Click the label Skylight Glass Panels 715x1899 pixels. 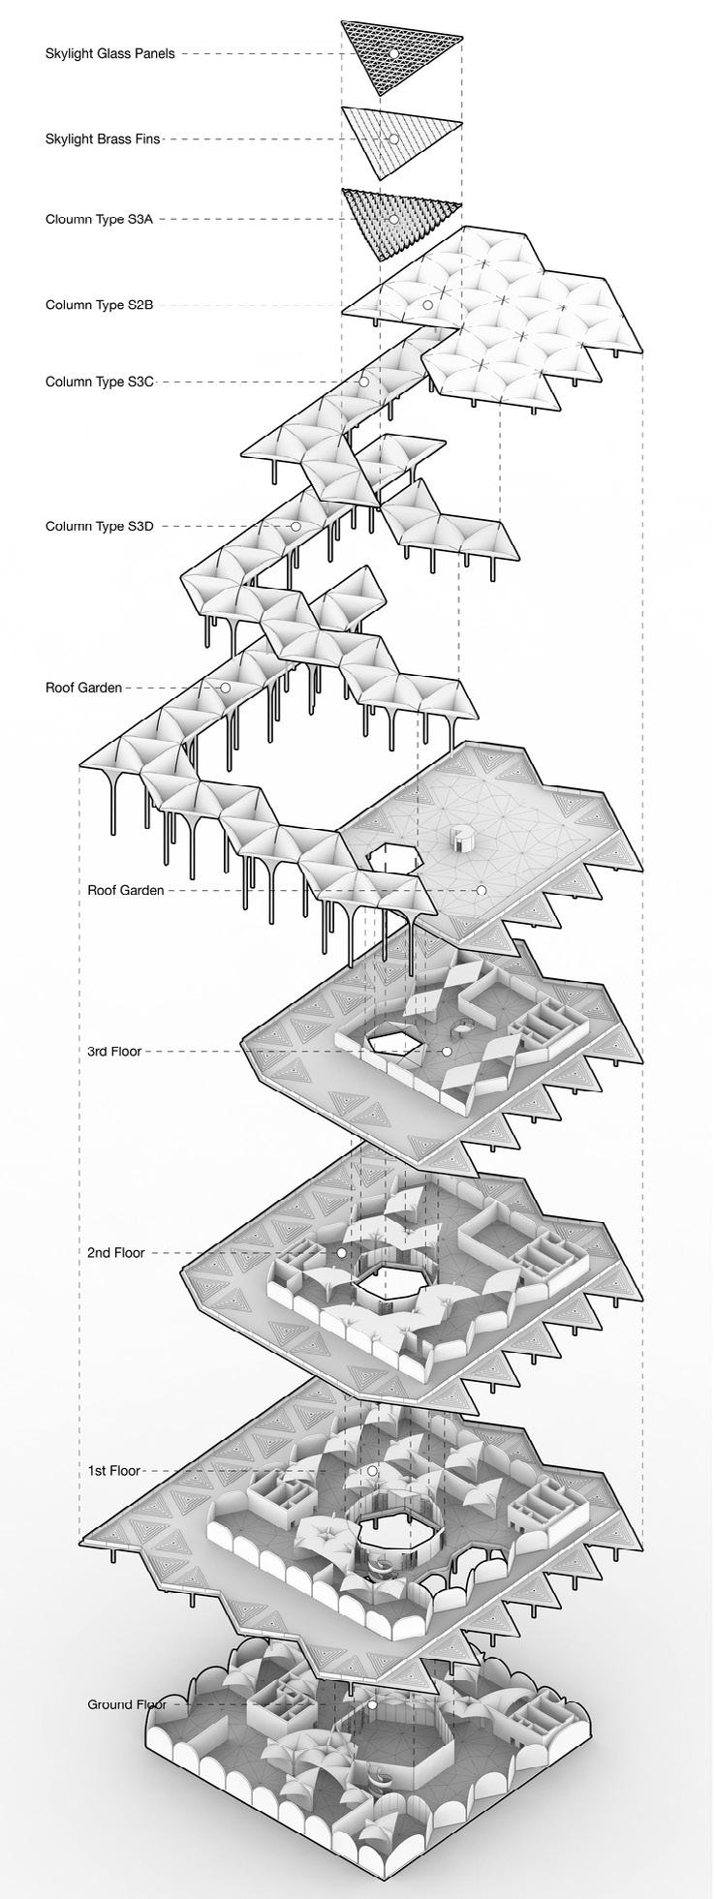click(109, 54)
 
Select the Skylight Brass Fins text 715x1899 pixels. click(102, 139)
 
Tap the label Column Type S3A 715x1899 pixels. click(99, 219)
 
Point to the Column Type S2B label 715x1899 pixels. click(99, 305)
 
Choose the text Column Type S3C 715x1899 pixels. click(99, 382)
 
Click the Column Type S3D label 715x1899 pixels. click(99, 527)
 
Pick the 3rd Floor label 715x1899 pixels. click(113, 1051)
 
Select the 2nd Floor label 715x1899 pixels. click(115, 1252)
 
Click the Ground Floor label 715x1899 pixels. click(126, 1704)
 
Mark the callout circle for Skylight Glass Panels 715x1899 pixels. click(393, 53)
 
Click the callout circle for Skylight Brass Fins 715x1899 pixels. click(393, 139)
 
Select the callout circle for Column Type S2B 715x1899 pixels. click(426, 305)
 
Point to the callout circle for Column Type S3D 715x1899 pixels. click(295, 527)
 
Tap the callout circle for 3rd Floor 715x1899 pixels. click(447, 1051)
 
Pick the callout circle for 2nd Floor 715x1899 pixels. click(341, 1252)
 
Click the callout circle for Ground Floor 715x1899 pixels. click(371, 1704)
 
